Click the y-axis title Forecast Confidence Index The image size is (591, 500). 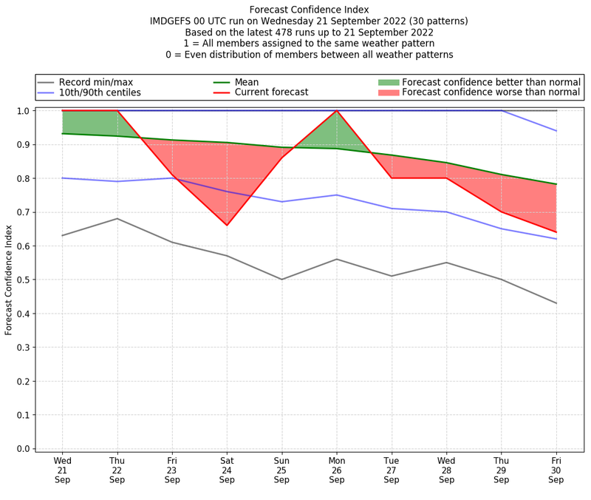tap(9, 280)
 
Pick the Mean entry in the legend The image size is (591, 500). tap(247, 82)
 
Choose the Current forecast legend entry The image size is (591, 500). tap(271, 92)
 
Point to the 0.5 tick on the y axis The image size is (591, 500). tap(22, 280)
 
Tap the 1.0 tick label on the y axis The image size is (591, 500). tap(22, 111)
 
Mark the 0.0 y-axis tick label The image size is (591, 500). tap(22, 449)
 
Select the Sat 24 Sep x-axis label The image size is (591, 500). tap(227, 469)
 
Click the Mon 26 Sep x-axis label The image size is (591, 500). tap(337, 469)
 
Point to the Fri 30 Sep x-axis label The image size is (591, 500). tap(556, 469)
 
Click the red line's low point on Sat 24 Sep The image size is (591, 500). tap(227, 226)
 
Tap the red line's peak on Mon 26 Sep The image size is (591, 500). tap(337, 111)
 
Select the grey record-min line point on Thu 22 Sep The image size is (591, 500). tap(117, 218)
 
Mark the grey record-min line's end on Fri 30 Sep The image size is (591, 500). tap(556, 303)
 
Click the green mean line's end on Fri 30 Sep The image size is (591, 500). tap(556, 184)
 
